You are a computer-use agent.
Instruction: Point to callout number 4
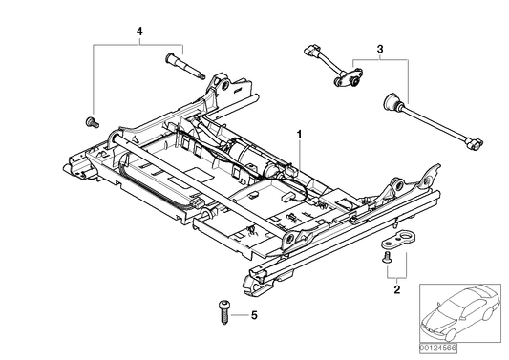coord(139,33)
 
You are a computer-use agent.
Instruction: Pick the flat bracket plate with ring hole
coord(406,240)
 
